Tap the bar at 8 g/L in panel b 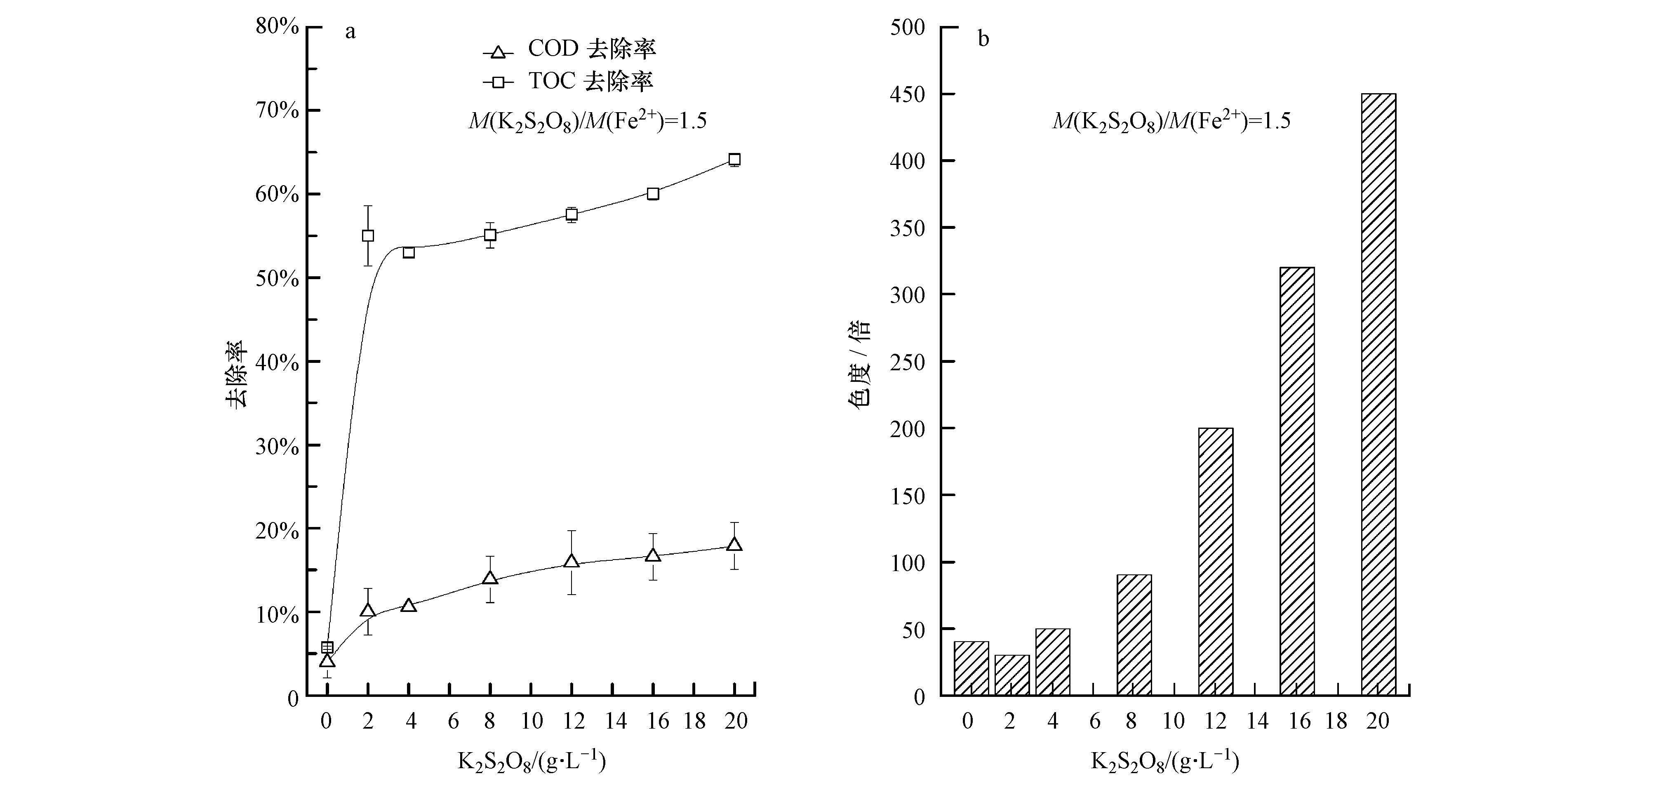1134,634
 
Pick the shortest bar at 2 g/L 1012,675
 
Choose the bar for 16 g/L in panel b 1297,481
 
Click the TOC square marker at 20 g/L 734,160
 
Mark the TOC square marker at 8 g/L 490,235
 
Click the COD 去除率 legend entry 569,49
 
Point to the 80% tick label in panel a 277,26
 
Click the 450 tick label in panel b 907,94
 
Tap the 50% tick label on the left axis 277,278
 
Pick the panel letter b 983,39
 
